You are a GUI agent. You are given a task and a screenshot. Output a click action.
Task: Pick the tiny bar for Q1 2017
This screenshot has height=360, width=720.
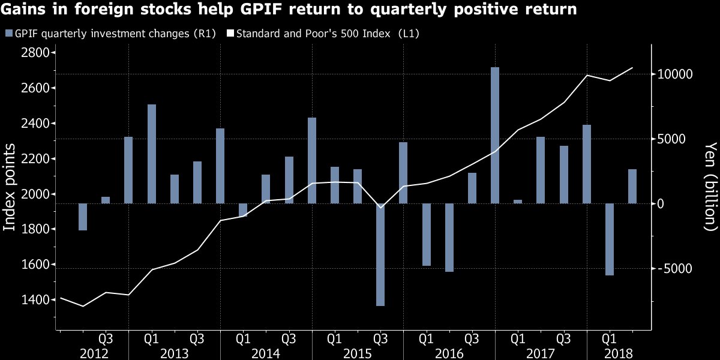point(518,202)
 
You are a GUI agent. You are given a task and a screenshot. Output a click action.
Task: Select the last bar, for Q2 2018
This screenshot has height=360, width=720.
point(632,186)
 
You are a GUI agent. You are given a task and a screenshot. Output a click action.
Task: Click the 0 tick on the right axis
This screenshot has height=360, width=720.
point(660,203)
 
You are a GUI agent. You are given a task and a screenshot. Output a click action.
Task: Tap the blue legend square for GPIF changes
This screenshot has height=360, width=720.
point(8,34)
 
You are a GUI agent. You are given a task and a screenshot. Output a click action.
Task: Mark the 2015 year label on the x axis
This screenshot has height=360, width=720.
point(358,353)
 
